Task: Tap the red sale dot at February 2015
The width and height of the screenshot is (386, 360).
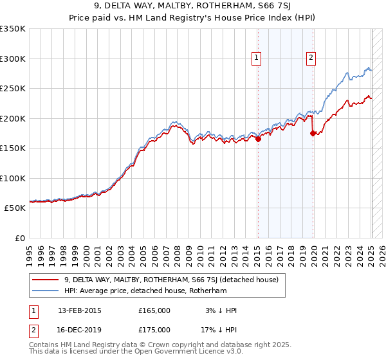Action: pos(258,138)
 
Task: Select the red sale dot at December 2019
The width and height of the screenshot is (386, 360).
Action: pos(313,134)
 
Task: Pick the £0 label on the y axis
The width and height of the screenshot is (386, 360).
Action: pos(20,238)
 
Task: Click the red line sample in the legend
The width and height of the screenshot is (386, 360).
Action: pos(45,280)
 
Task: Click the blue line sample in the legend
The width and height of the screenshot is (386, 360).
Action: pos(45,291)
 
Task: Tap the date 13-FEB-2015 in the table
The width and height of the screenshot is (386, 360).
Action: pos(79,310)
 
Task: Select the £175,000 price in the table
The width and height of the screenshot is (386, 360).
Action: pos(154,330)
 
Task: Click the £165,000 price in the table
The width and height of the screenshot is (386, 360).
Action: pos(154,310)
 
